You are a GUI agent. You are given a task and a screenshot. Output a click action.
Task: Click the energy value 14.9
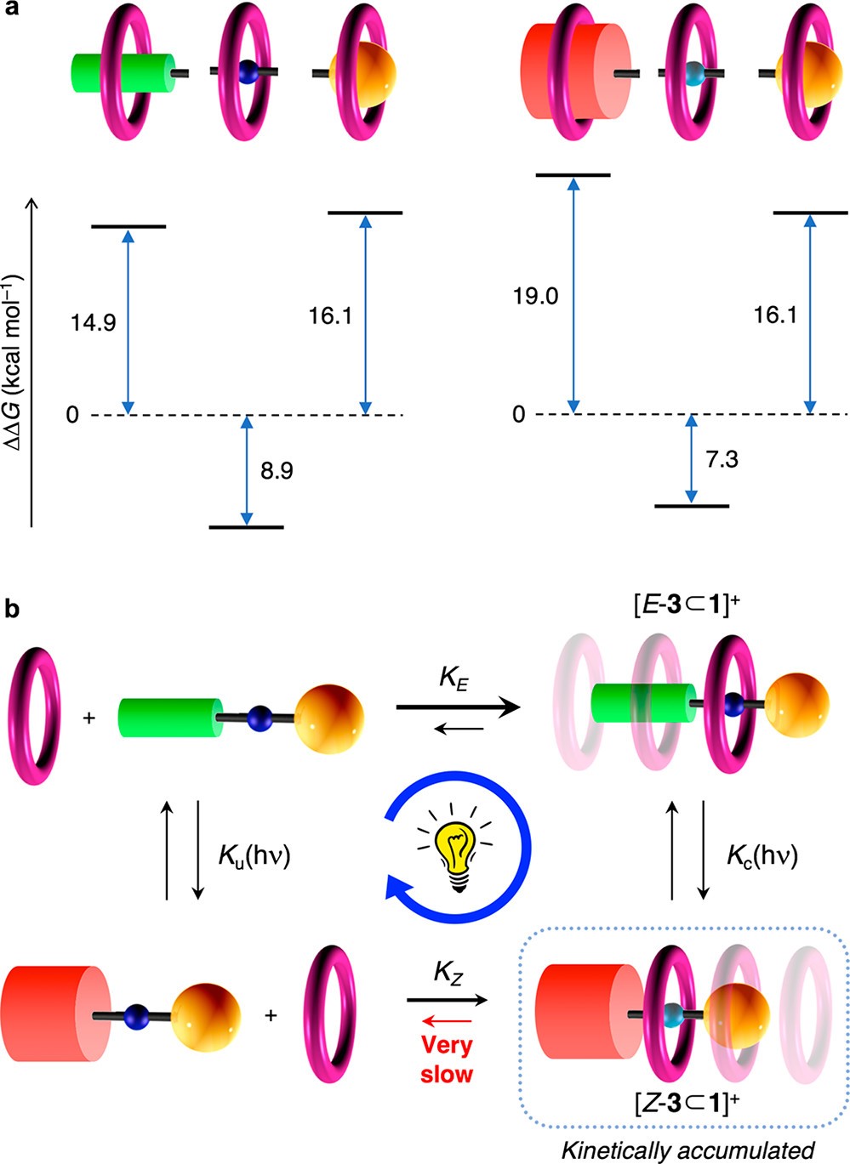[x=94, y=323]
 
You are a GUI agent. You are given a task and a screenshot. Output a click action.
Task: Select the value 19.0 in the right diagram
[x=535, y=297]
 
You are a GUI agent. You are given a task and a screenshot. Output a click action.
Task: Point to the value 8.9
[x=277, y=470]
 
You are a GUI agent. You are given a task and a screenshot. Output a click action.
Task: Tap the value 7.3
[x=721, y=460]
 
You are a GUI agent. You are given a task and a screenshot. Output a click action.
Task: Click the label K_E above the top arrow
[x=453, y=678]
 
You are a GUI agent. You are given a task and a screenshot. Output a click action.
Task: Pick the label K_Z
[x=448, y=972]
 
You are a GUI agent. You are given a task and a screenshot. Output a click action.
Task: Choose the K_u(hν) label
[x=254, y=855]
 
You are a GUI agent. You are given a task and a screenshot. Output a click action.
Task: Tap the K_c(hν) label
[x=762, y=855]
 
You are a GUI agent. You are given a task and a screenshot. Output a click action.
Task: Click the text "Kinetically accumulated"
[x=687, y=1150]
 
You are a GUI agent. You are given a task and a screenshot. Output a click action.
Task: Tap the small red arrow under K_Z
[x=446, y=1020]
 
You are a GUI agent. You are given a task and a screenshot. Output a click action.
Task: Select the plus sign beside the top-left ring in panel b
[x=89, y=718]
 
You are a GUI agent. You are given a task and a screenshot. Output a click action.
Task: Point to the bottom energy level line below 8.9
[x=246, y=527]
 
